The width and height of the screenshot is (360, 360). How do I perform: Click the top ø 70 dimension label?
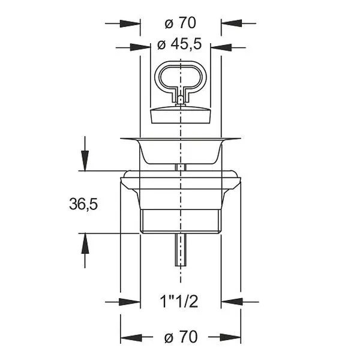[180, 23]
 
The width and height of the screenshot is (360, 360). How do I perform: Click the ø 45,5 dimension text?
[179, 44]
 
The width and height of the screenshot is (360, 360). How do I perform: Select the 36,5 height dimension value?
[83, 204]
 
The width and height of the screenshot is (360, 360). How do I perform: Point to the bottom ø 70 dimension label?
[181, 337]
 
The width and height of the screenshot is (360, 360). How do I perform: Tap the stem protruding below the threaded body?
[181, 250]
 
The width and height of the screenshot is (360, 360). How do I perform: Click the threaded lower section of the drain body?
[181, 221]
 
